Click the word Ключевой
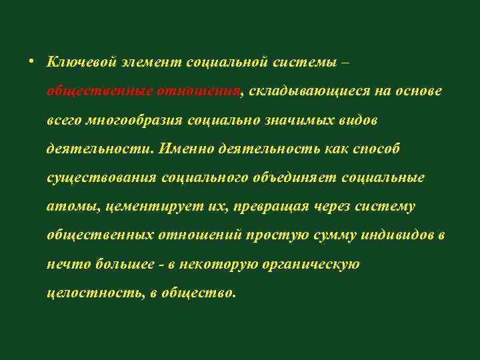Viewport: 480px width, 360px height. pyautogui.click(x=81, y=62)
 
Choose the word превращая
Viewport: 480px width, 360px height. pyautogui.click(x=271, y=207)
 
